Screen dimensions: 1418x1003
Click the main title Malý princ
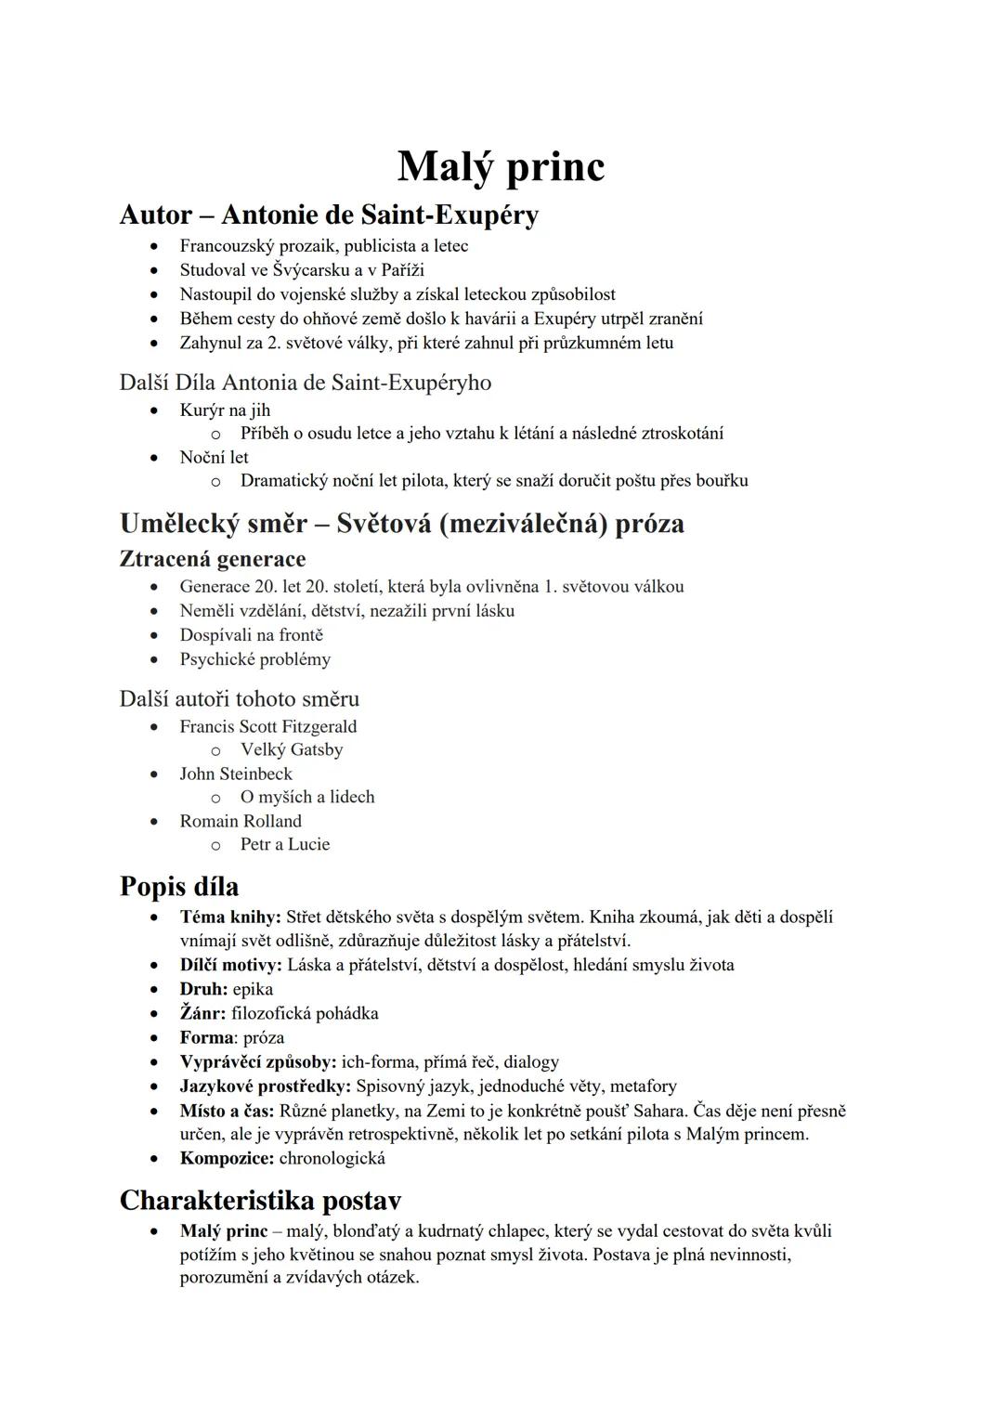[x=501, y=167]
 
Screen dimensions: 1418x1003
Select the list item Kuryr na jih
[x=225, y=410]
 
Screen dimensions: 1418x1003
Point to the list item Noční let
[x=214, y=457]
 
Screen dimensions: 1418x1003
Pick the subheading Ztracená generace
[x=213, y=559]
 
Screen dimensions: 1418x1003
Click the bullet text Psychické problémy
[x=254, y=659]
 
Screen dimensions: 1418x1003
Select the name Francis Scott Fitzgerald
[x=267, y=726]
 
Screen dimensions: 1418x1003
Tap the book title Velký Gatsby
[x=292, y=749]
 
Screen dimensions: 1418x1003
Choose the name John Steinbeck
[x=236, y=774]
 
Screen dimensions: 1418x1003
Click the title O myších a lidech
[x=307, y=797]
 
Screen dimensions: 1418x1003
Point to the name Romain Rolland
[x=241, y=821]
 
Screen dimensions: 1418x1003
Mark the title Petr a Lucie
[x=285, y=844]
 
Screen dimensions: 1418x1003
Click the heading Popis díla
[x=179, y=886]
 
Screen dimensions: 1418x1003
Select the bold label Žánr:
[x=202, y=1013]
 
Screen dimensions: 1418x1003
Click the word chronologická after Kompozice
[x=332, y=1158]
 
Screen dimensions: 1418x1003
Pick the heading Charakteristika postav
[x=260, y=1201]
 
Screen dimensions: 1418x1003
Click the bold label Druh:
[x=203, y=989]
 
